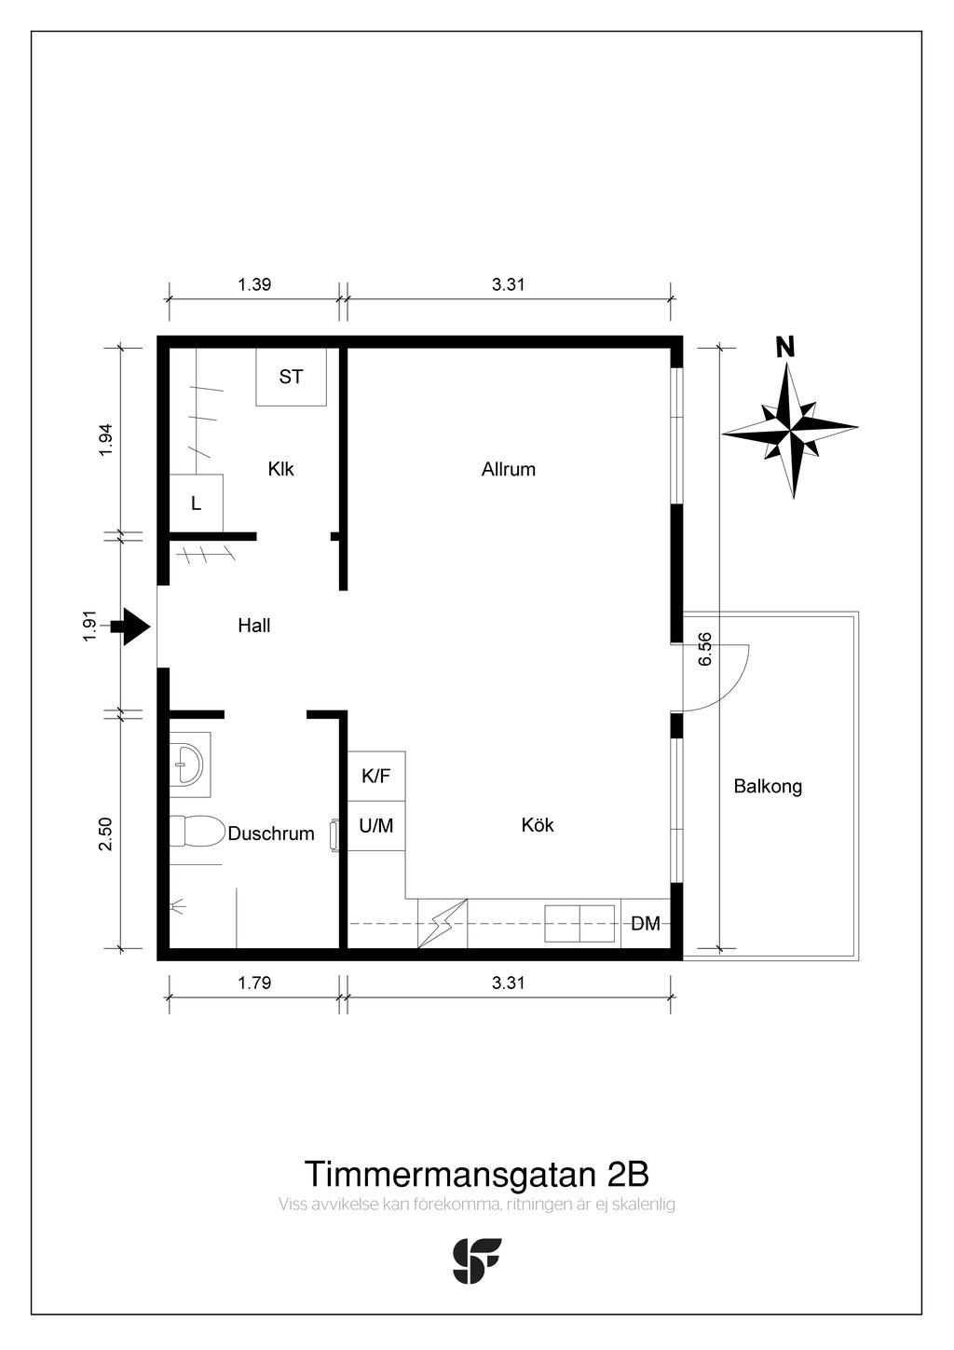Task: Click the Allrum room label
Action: (x=509, y=469)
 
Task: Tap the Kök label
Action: (x=538, y=825)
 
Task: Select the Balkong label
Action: (x=768, y=787)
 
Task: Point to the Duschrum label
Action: (x=271, y=833)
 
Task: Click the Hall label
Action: (x=253, y=626)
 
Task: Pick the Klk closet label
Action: (x=280, y=469)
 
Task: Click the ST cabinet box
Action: (x=292, y=377)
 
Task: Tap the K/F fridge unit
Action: (x=376, y=777)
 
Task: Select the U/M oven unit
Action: (x=376, y=826)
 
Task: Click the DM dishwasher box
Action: (x=646, y=923)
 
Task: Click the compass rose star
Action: (x=790, y=431)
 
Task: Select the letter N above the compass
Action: (x=784, y=348)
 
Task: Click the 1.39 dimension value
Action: (x=254, y=284)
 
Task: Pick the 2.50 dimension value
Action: (x=105, y=834)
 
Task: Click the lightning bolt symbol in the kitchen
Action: (x=443, y=924)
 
